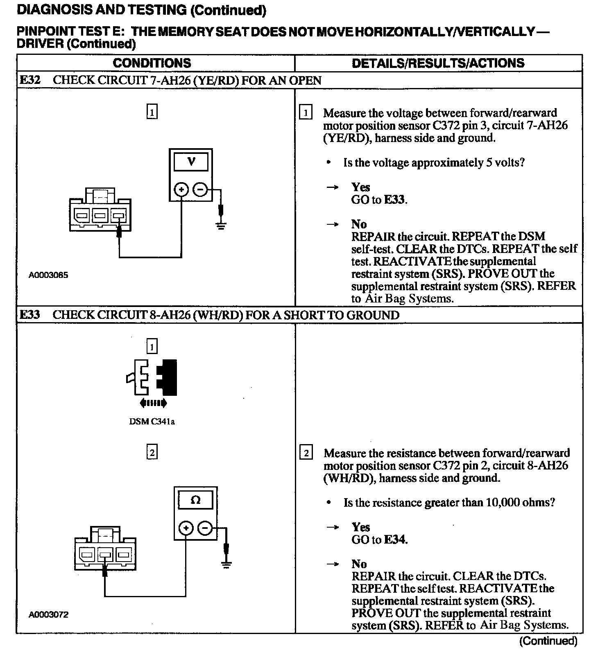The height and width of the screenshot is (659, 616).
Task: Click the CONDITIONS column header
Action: pos(152,63)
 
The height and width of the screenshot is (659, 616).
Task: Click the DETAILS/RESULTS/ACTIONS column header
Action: pos(438,63)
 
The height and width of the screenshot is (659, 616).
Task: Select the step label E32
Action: pos(30,80)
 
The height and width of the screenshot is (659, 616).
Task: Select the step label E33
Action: pos(30,315)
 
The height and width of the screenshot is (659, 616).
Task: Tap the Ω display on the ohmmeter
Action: pos(196,500)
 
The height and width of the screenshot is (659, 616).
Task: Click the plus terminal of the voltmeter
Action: pos(181,190)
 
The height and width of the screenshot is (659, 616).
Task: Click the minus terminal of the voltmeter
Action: pos(200,190)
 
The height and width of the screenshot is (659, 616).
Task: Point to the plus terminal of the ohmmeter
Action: pos(186,528)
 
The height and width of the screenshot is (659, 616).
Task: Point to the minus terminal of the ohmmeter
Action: pos(205,528)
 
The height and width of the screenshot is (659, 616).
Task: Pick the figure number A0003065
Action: pos(48,275)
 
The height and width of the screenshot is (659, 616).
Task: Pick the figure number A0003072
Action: pos(48,614)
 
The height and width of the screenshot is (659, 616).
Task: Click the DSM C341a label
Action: pos(152,422)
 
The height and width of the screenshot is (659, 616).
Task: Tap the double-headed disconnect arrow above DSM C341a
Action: pos(153,403)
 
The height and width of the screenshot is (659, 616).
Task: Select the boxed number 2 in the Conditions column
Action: pos(152,452)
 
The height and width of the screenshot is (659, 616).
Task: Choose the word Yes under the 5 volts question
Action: pos(360,187)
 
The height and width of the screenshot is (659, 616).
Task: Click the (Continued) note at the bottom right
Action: pos(548,641)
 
